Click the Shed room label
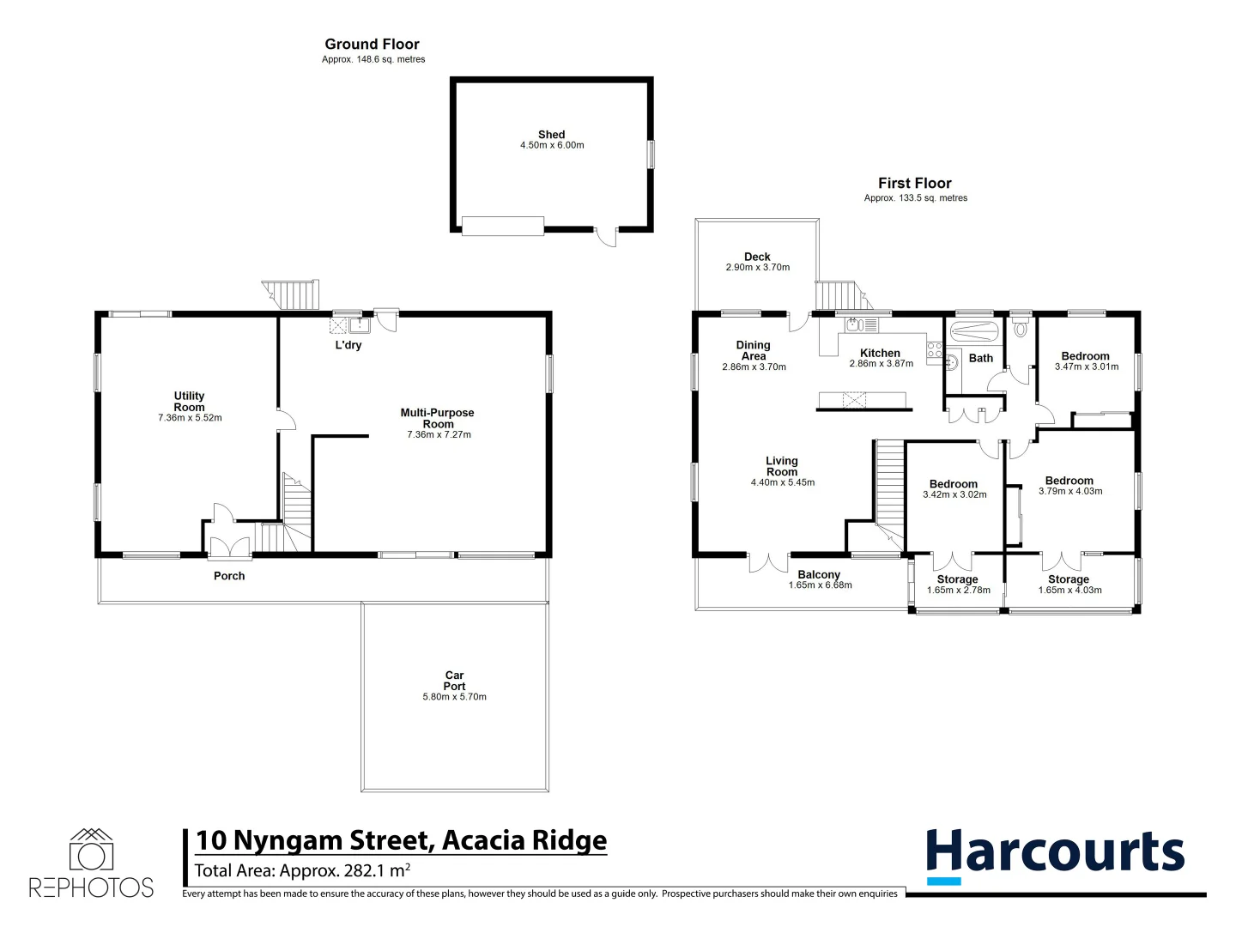551,135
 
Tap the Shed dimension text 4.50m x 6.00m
552,146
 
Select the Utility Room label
189,402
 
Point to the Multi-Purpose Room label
437,418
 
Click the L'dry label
348,345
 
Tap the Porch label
229,576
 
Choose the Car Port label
454,681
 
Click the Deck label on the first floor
757,257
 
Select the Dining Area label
753,350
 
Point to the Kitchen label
880,353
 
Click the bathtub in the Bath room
973,331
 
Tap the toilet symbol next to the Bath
1021,328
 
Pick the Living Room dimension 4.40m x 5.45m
782,482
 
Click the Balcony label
819,575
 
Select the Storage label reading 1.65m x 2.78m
957,579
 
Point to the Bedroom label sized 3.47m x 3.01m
1085,356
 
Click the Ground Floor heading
372,44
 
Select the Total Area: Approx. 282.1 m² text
302,870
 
